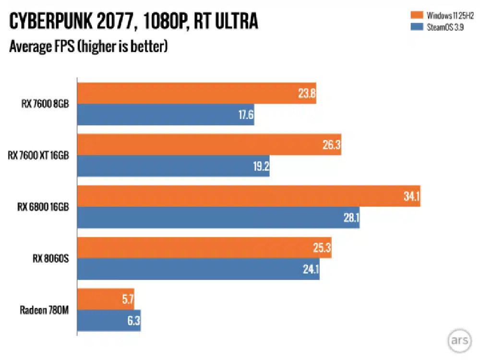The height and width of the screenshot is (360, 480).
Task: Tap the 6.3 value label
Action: coord(133,321)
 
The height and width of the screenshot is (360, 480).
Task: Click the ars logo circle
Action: coord(459,340)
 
